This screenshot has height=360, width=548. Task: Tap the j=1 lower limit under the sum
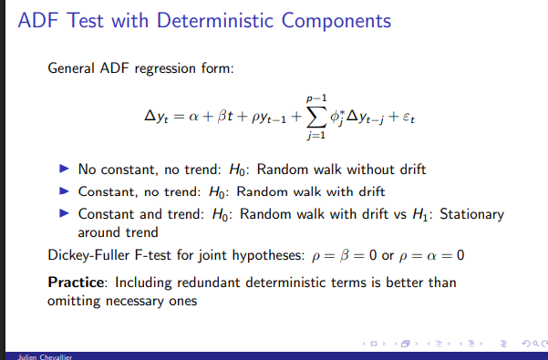point(315,138)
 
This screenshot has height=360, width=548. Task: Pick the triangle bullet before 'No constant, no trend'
point(64,170)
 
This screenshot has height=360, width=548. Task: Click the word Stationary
point(474,214)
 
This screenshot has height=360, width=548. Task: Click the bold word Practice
point(75,283)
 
